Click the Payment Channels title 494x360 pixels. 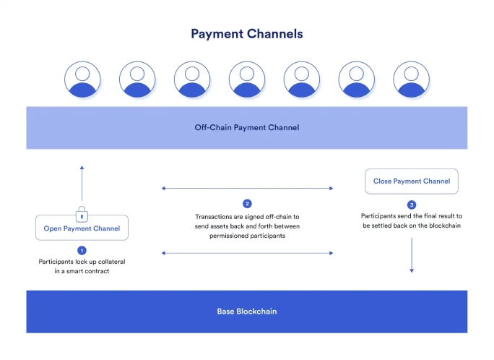tap(246, 34)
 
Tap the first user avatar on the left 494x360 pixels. tap(82, 80)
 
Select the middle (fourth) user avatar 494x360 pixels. tap(247, 80)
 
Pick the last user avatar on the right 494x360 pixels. tap(412, 80)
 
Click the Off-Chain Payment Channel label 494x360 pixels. tap(246, 128)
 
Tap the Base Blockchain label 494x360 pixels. tap(246, 312)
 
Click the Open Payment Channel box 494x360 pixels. tap(82, 228)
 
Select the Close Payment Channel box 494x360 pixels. tap(412, 181)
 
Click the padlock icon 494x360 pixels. tap(82, 214)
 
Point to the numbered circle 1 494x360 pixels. tap(82, 249)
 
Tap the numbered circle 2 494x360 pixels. tap(247, 204)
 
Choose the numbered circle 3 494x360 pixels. tap(412, 205)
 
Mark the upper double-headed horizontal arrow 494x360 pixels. tap(247, 188)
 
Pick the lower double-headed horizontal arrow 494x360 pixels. tap(247, 253)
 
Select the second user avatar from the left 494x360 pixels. tap(137, 80)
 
